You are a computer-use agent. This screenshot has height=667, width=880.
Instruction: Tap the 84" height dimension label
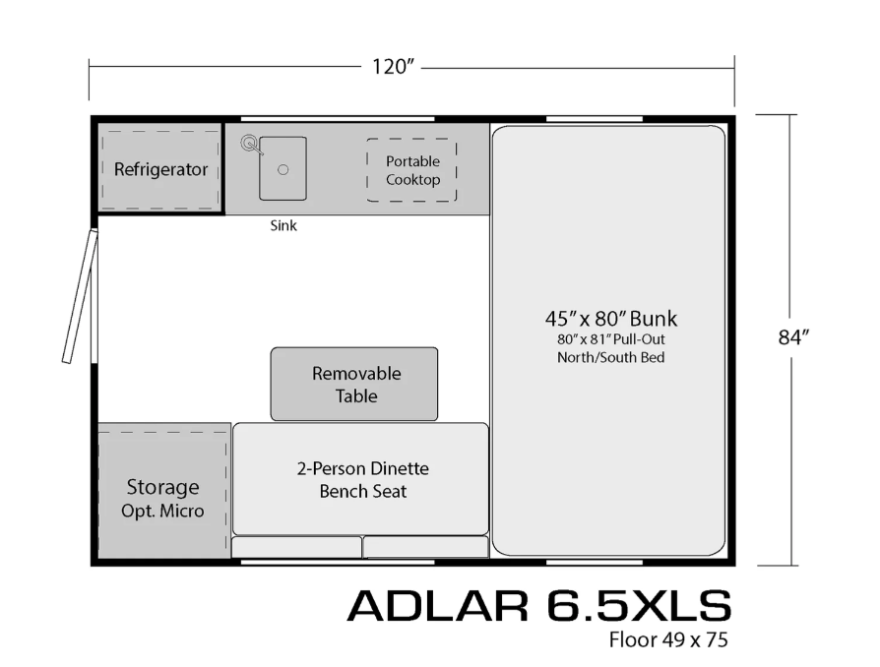pos(793,337)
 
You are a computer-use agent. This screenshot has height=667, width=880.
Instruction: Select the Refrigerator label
pos(160,169)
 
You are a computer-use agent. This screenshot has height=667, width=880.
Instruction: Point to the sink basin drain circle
pos(283,170)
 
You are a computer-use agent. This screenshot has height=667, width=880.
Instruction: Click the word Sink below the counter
pos(283,225)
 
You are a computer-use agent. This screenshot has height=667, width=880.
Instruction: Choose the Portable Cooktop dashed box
pos(412,170)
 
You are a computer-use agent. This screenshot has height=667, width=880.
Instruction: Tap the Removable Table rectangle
pos(354,384)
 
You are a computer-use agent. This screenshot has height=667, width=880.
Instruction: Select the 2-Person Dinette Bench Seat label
pos(360,479)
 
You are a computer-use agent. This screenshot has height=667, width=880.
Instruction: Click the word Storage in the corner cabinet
pos(162,487)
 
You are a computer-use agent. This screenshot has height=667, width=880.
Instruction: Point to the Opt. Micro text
pos(162,511)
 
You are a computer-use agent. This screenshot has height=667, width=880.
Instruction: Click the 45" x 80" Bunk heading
pos(610,319)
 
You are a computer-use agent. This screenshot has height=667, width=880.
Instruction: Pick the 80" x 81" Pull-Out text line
pos(610,339)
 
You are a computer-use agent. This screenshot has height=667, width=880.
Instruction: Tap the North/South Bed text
pos(610,357)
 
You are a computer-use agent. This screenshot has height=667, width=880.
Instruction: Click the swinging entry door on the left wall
pos(79,296)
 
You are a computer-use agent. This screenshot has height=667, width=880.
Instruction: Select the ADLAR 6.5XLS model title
pos(538,605)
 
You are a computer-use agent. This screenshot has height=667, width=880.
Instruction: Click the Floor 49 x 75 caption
pos(667,640)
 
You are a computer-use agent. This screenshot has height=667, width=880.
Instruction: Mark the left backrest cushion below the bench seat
pos(296,547)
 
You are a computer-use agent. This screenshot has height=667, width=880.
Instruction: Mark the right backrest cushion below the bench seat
pos(425,547)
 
